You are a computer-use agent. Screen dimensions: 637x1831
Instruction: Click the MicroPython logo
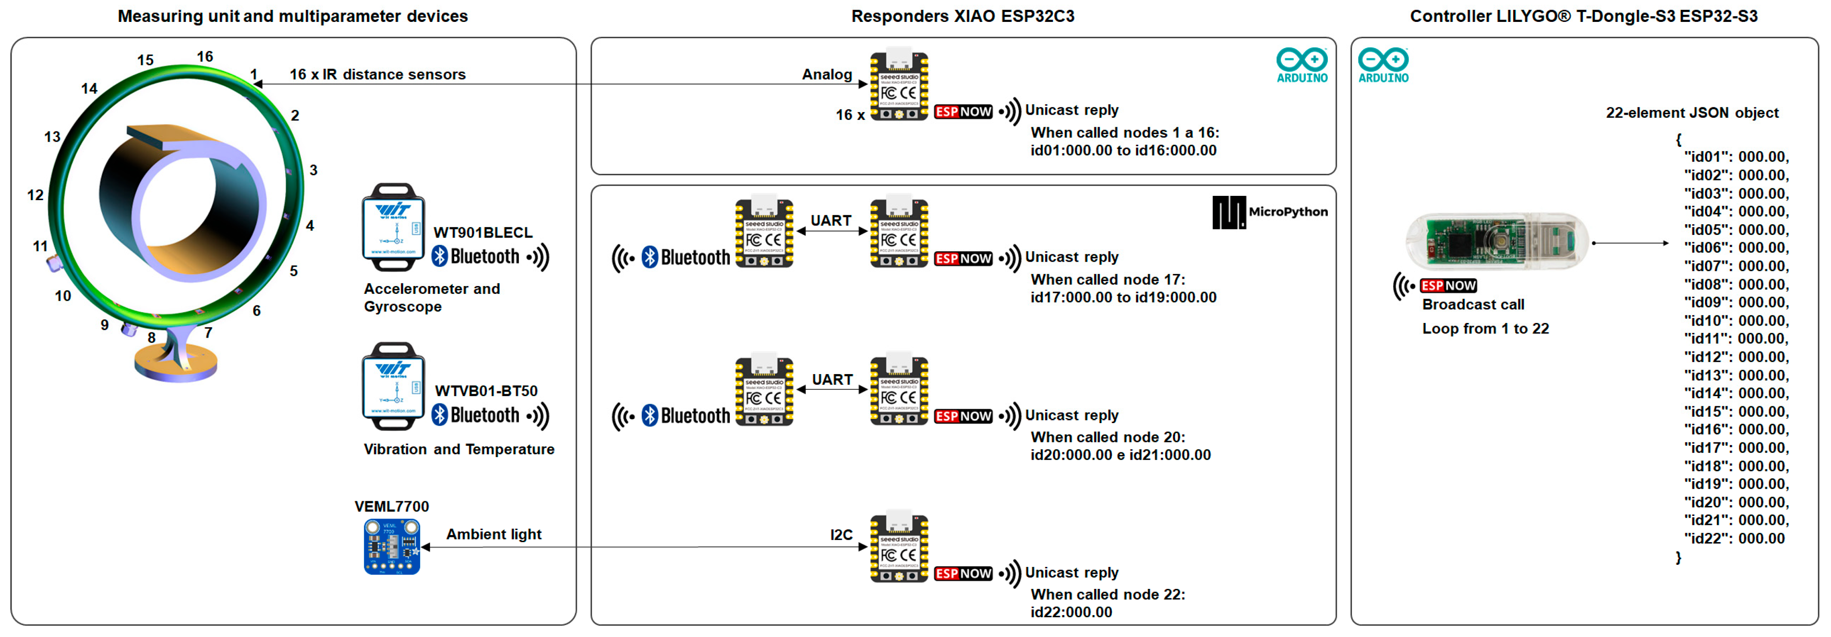(x=1269, y=212)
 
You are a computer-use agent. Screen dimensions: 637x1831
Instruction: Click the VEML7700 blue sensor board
(x=392, y=546)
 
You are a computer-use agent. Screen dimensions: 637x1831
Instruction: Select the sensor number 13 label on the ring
(x=52, y=136)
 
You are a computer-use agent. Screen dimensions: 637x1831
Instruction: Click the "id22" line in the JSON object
(x=1734, y=538)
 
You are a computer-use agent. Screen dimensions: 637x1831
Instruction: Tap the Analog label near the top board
(x=827, y=75)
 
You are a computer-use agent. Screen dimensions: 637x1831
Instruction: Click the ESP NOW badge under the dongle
(x=1448, y=286)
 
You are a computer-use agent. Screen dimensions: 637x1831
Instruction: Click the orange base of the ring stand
(x=175, y=366)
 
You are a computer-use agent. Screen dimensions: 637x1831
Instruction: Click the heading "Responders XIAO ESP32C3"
(x=963, y=16)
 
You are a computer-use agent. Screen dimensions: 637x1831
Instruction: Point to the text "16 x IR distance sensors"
(x=378, y=75)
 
